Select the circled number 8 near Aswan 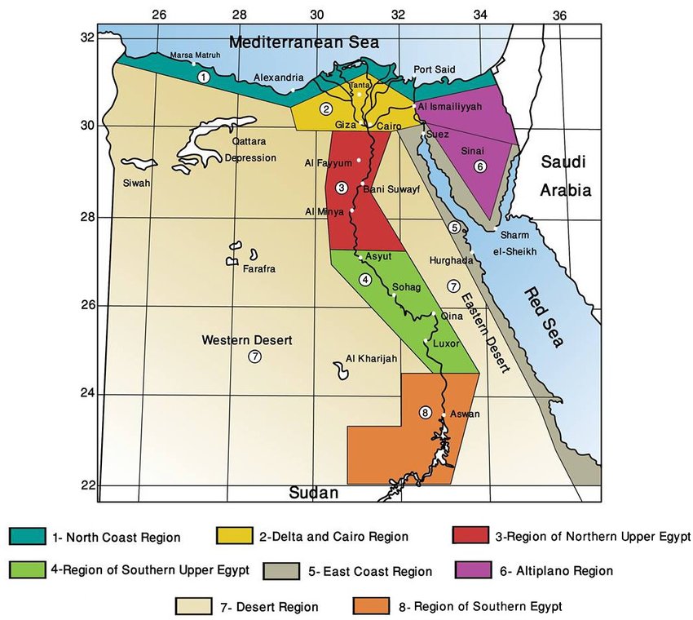click(x=425, y=413)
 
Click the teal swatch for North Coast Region click(x=31, y=536)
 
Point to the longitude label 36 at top click(x=558, y=14)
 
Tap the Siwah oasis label click(x=137, y=183)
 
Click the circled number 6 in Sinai click(x=480, y=166)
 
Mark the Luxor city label click(x=447, y=343)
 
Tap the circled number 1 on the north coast click(x=203, y=76)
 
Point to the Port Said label click(x=434, y=70)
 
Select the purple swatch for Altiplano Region click(x=473, y=570)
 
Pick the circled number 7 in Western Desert click(x=254, y=356)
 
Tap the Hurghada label click(x=450, y=259)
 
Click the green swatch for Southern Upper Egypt click(x=31, y=570)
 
